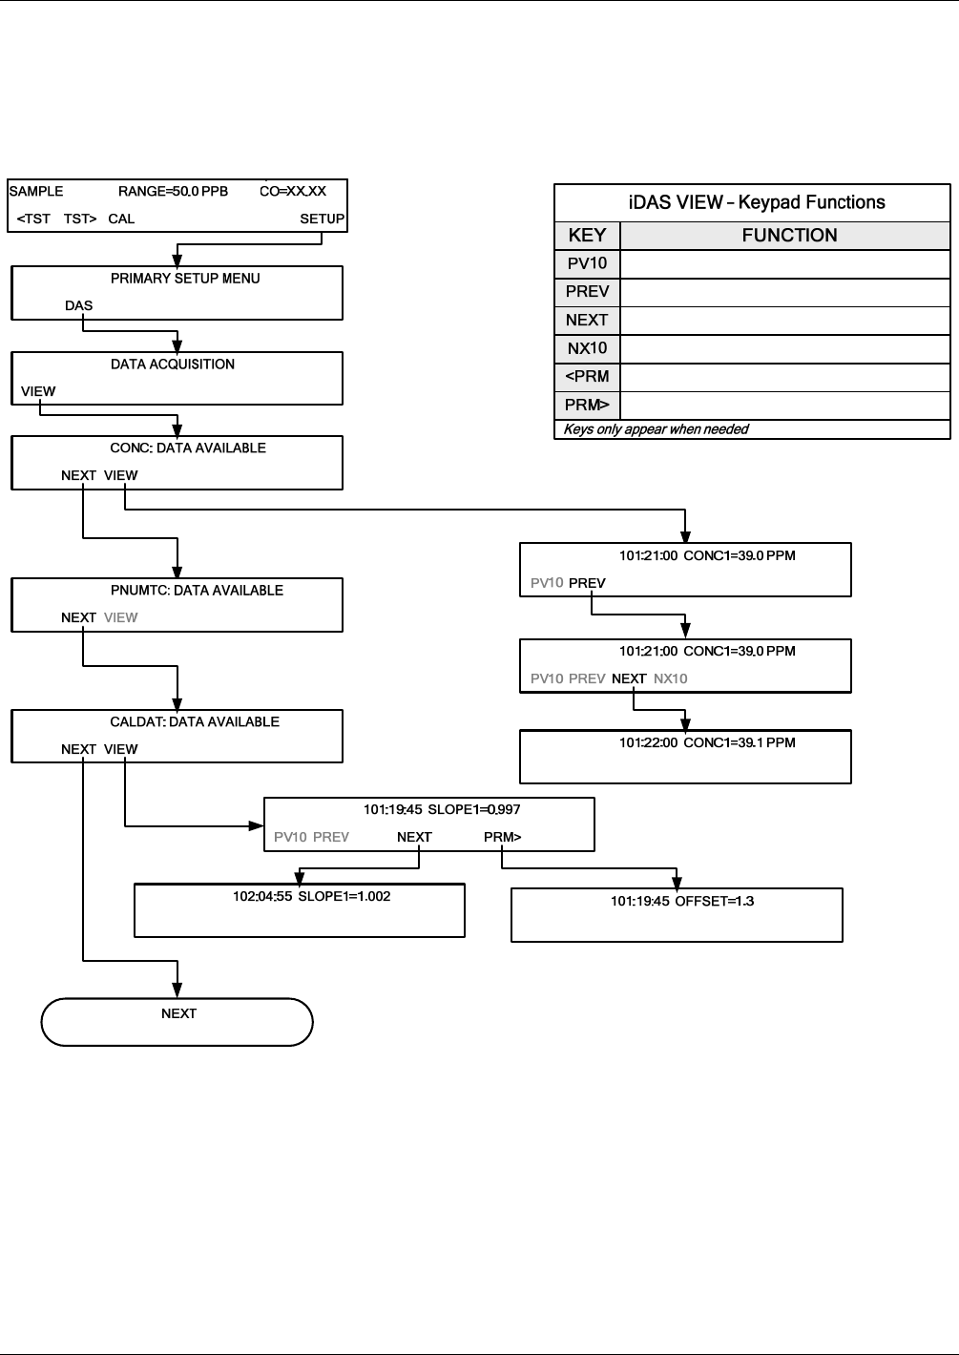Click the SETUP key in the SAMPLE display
(322, 219)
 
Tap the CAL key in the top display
(121, 219)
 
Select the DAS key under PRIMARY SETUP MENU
(78, 305)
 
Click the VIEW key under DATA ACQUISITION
(38, 391)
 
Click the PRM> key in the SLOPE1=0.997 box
(502, 837)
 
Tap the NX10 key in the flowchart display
(671, 678)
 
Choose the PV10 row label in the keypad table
(587, 263)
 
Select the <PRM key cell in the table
(587, 376)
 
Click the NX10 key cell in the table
(587, 348)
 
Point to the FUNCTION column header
(789, 236)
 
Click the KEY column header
(587, 236)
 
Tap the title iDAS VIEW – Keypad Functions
(757, 202)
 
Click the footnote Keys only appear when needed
(656, 429)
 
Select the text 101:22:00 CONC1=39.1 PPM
(707, 742)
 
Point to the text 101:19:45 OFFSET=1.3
(682, 902)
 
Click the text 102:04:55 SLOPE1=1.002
(312, 896)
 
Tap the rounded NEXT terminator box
(177, 1022)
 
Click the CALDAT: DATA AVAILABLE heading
(195, 721)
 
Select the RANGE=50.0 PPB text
(173, 191)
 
